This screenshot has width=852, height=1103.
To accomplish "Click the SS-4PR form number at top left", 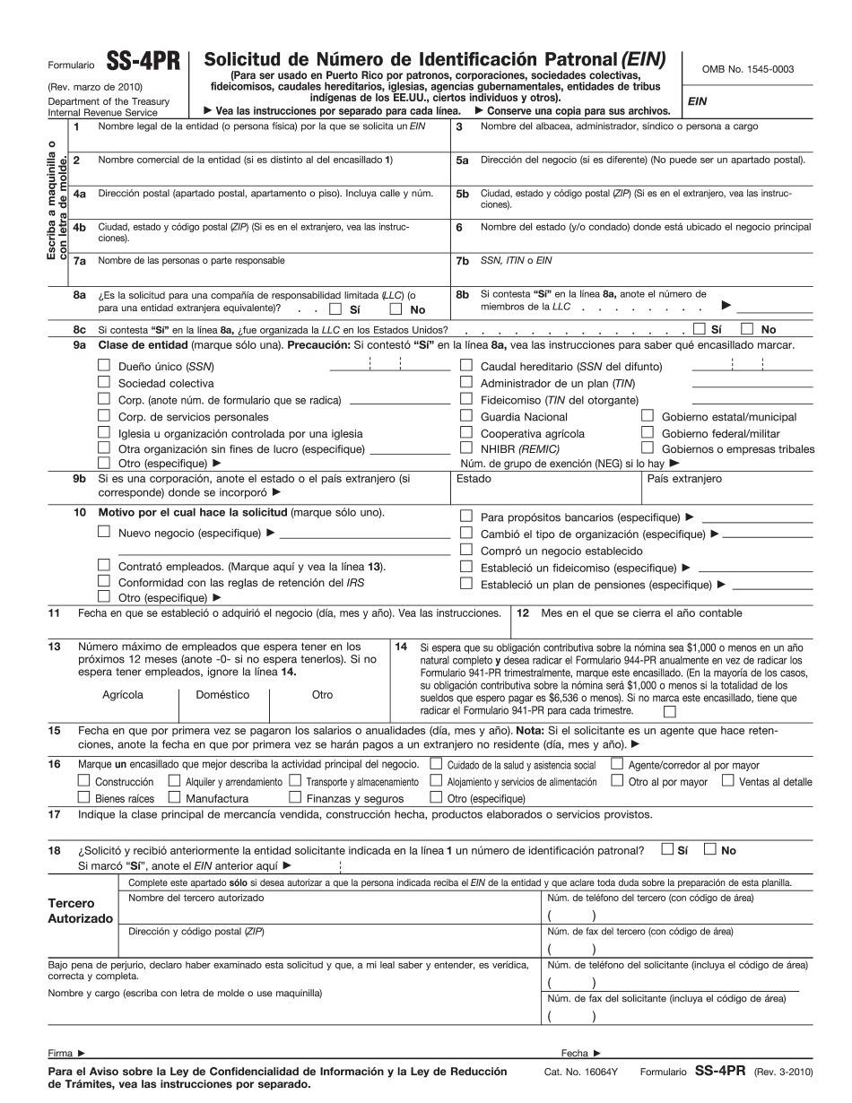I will [143, 64].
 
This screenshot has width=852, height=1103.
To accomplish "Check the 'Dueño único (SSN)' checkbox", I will [103, 365].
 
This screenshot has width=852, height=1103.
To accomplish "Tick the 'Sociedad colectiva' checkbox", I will [103, 382].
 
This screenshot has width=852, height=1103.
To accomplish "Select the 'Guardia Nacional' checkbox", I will [466, 415].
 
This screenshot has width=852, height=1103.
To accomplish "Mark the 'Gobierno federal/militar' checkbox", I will [648, 431].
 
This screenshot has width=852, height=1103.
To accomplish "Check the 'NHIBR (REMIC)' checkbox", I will [466, 447].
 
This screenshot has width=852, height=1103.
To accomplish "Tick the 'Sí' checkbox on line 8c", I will [700, 329].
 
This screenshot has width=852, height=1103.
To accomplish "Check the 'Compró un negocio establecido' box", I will [466, 550].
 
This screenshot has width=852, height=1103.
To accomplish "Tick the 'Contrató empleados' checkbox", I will [103, 566].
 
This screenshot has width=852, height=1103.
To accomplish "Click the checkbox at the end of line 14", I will [669, 711].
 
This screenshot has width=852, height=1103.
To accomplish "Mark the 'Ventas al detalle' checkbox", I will [727, 780].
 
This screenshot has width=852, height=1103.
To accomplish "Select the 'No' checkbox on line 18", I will [710, 849].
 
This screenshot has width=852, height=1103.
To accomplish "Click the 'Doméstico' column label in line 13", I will [222, 694].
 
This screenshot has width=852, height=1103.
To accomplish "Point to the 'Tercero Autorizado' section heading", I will [80, 911].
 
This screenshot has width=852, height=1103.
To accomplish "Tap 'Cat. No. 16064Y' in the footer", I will [590, 1072].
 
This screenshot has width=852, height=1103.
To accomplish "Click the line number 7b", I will [462, 261].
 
